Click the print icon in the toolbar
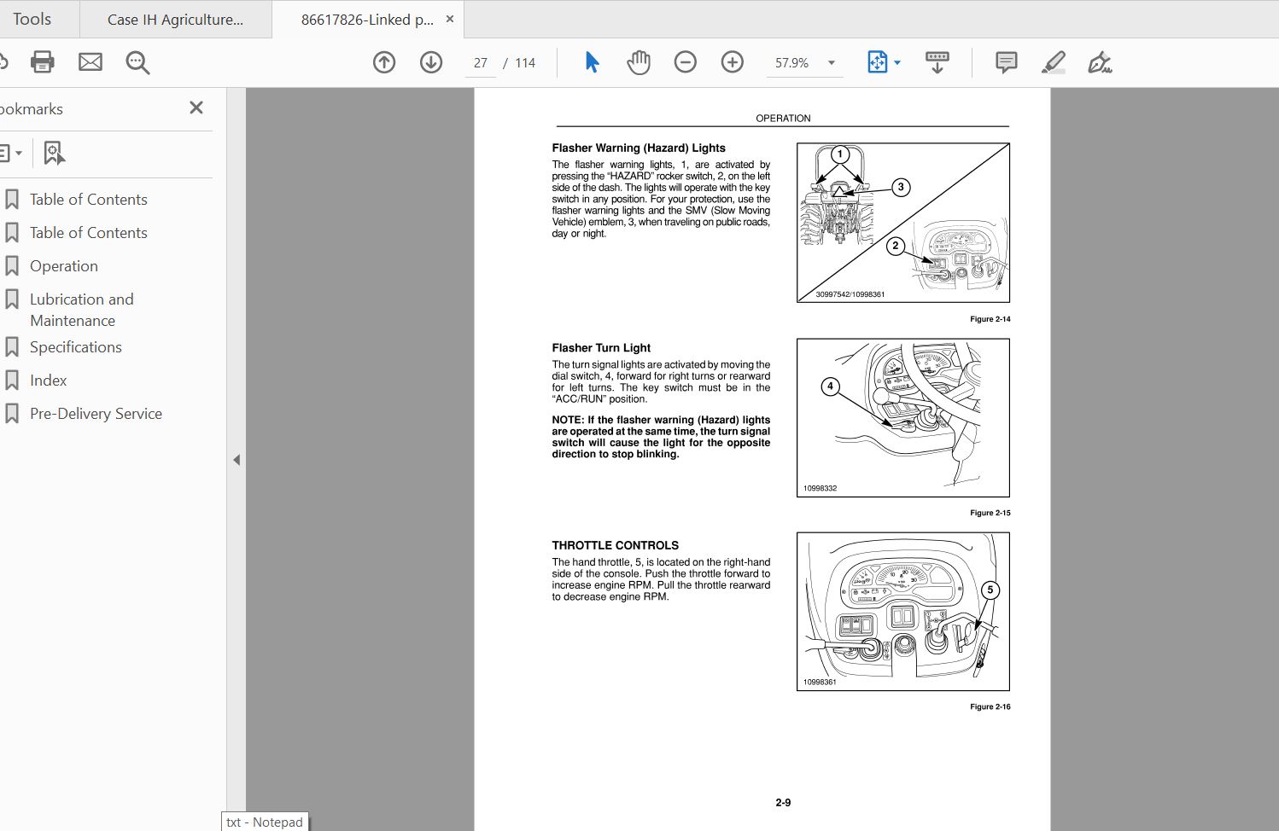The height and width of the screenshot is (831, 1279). pos(42,62)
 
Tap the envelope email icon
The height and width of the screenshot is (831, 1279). pos(91,62)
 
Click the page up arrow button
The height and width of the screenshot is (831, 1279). pos(384,62)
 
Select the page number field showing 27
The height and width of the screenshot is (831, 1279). pos(480,63)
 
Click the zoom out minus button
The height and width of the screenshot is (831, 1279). pos(685,62)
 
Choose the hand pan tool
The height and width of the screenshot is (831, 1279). pos(639,62)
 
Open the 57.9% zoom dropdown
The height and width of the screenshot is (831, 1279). pos(832,63)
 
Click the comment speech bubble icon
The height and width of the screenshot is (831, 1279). pos(1006,62)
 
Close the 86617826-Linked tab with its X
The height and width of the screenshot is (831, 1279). pos(450,20)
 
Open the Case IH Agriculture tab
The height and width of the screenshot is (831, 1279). pos(175,20)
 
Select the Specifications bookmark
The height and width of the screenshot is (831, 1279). pos(75,347)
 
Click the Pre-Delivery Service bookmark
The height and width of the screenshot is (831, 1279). pos(96,413)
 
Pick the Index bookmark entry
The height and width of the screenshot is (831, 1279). pos(48,381)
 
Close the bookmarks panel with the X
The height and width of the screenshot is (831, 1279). pos(196,108)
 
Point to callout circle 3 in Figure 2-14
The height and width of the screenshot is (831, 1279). pos(901,187)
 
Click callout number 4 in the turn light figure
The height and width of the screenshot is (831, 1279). pos(830,386)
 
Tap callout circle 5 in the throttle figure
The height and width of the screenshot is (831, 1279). pos(990,590)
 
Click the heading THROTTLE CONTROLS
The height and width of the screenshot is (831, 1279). pos(615,546)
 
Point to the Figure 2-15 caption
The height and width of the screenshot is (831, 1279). pos(990,513)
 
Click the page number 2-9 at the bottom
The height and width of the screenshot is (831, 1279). pos(783,803)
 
